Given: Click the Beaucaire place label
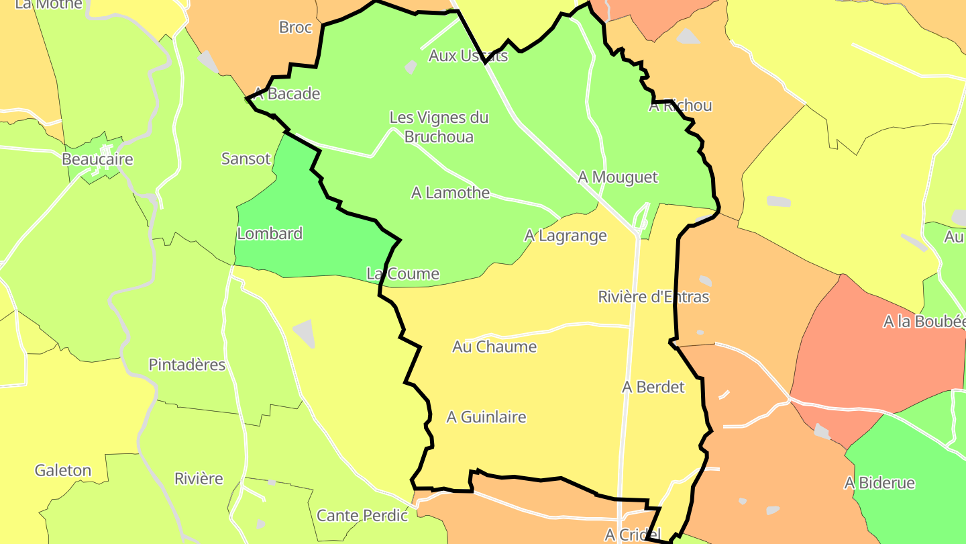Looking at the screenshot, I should click(97, 160).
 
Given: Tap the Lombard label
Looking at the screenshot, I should click(270, 234).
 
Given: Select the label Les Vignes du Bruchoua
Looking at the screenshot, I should click(439, 127).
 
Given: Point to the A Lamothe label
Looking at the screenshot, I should click(450, 193).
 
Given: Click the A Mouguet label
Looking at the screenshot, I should click(618, 177).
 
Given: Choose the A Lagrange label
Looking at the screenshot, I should click(566, 236).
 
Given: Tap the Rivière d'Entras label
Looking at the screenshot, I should click(653, 297).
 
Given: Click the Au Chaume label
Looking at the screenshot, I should click(494, 347).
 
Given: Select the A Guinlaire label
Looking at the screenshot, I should click(486, 417).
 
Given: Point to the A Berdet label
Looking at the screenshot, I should click(653, 387).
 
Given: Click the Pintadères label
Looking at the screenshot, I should click(187, 365).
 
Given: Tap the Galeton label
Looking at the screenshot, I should click(63, 470).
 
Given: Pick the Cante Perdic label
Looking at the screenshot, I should click(362, 516).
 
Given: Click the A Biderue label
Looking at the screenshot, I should click(879, 483).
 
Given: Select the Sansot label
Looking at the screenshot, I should click(246, 159).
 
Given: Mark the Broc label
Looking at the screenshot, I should click(296, 28).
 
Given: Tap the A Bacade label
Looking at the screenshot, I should click(286, 94).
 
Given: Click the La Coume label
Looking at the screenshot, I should click(402, 274).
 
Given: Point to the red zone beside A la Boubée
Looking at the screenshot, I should click(865, 363).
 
